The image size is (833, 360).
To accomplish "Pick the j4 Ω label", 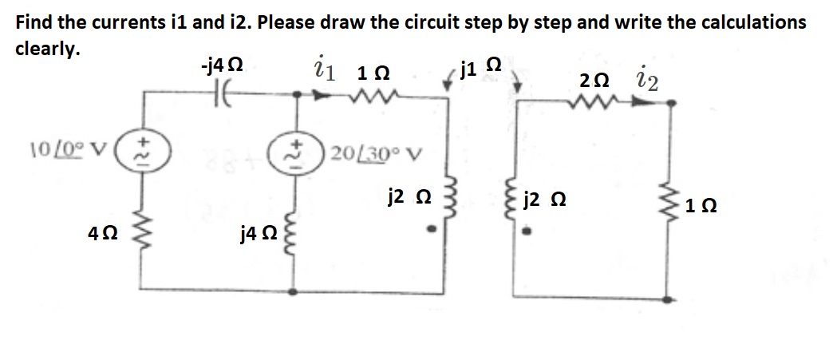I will click(x=257, y=234).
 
